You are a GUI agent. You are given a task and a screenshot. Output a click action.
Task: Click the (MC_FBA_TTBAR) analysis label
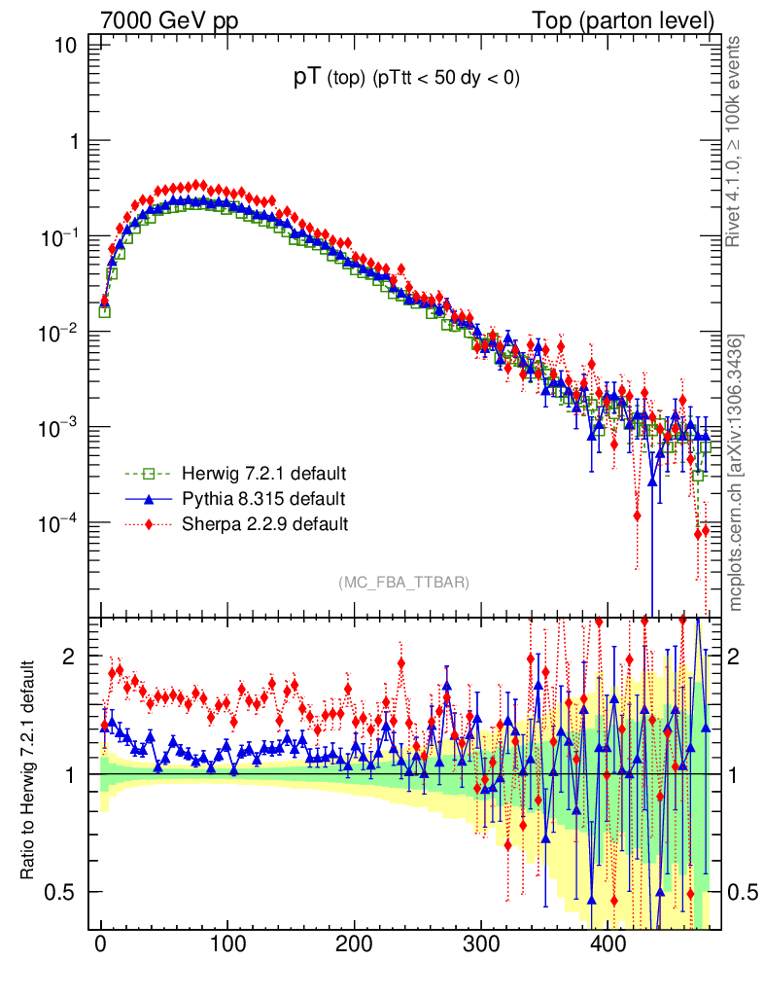click(403, 583)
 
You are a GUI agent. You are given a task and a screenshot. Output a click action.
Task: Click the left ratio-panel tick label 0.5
click(63, 892)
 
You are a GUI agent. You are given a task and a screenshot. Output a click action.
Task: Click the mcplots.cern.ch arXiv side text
click(736, 472)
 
